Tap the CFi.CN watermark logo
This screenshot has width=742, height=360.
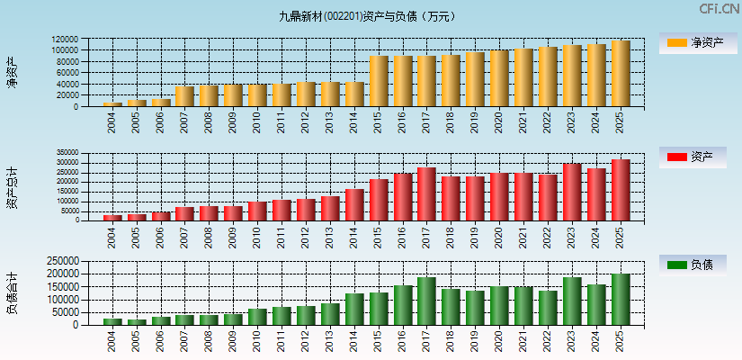720,9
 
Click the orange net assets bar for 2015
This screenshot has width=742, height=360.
379,81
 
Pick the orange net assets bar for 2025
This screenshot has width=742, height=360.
621,74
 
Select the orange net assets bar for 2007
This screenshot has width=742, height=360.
185,96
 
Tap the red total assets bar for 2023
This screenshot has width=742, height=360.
572,192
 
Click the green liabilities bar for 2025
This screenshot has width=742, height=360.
621,299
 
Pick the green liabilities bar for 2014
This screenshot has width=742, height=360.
354,309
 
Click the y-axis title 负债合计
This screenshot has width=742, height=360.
12,292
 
